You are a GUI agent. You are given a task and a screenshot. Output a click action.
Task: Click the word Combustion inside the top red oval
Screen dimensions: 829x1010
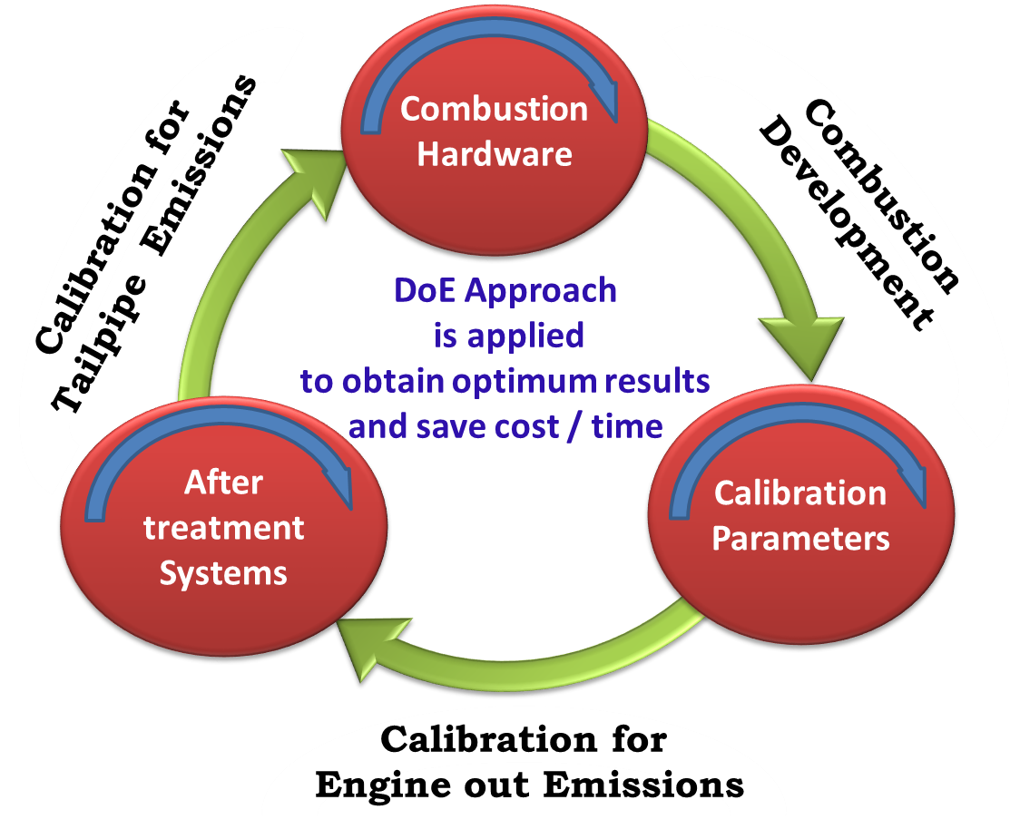pyautogui.click(x=494, y=110)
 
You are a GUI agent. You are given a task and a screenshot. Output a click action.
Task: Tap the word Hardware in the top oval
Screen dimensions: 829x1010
pyautogui.click(x=494, y=153)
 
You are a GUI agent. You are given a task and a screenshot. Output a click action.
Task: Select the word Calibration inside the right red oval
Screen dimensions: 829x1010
pyautogui.click(x=799, y=493)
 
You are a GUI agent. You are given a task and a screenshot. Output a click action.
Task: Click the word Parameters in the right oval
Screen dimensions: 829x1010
pyautogui.click(x=799, y=539)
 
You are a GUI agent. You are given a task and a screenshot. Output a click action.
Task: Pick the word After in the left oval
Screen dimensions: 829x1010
pyautogui.click(x=223, y=483)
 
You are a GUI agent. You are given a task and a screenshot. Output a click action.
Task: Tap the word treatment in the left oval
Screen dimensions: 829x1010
pyautogui.click(x=223, y=527)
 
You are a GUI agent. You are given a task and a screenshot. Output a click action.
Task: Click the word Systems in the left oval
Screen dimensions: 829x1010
pyautogui.click(x=223, y=573)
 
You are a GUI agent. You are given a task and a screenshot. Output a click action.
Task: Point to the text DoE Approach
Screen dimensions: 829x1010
pyautogui.click(x=505, y=290)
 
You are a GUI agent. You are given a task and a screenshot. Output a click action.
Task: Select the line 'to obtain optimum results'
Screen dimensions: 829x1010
pyautogui.click(x=505, y=382)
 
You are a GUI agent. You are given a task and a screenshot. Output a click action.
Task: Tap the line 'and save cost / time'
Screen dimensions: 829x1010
pyautogui.click(x=505, y=426)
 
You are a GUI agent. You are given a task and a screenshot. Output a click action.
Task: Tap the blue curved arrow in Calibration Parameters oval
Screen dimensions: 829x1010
pyautogui.click(x=799, y=444)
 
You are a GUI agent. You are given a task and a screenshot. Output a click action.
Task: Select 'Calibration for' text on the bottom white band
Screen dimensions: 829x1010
pyautogui.click(x=524, y=739)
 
